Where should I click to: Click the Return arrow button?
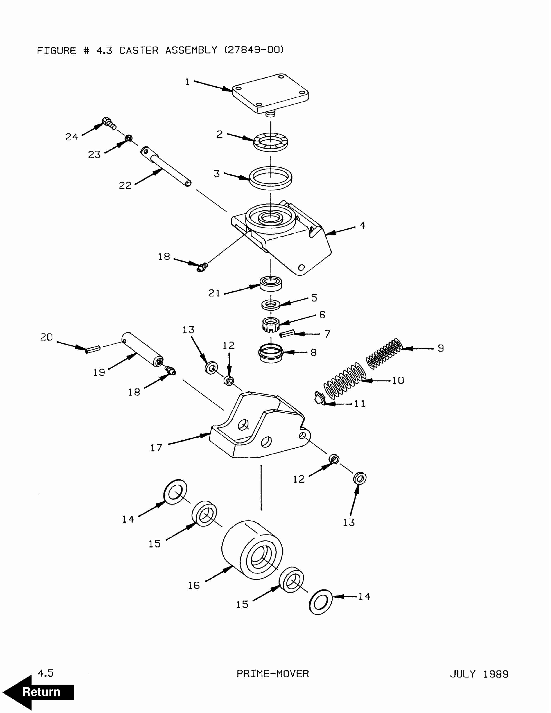pyautogui.click(x=38, y=692)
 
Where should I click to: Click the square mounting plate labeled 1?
pyautogui.click(x=270, y=93)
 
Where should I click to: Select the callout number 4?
pyautogui.click(x=362, y=225)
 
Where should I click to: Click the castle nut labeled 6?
pyautogui.click(x=271, y=325)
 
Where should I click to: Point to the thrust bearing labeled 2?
pyautogui.click(x=271, y=142)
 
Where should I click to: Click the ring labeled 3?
pyautogui.click(x=271, y=178)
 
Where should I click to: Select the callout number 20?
pyautogui.click(x=46, y=337)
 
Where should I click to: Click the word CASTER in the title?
pyautogui.click(x=138, y=51)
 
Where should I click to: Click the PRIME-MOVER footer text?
pyautogui.click(x=273, y=673)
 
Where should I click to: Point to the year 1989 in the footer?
pyautogui.click(x=495, y=674)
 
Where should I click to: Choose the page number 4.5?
pyautogui.click(x=46, y=673)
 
